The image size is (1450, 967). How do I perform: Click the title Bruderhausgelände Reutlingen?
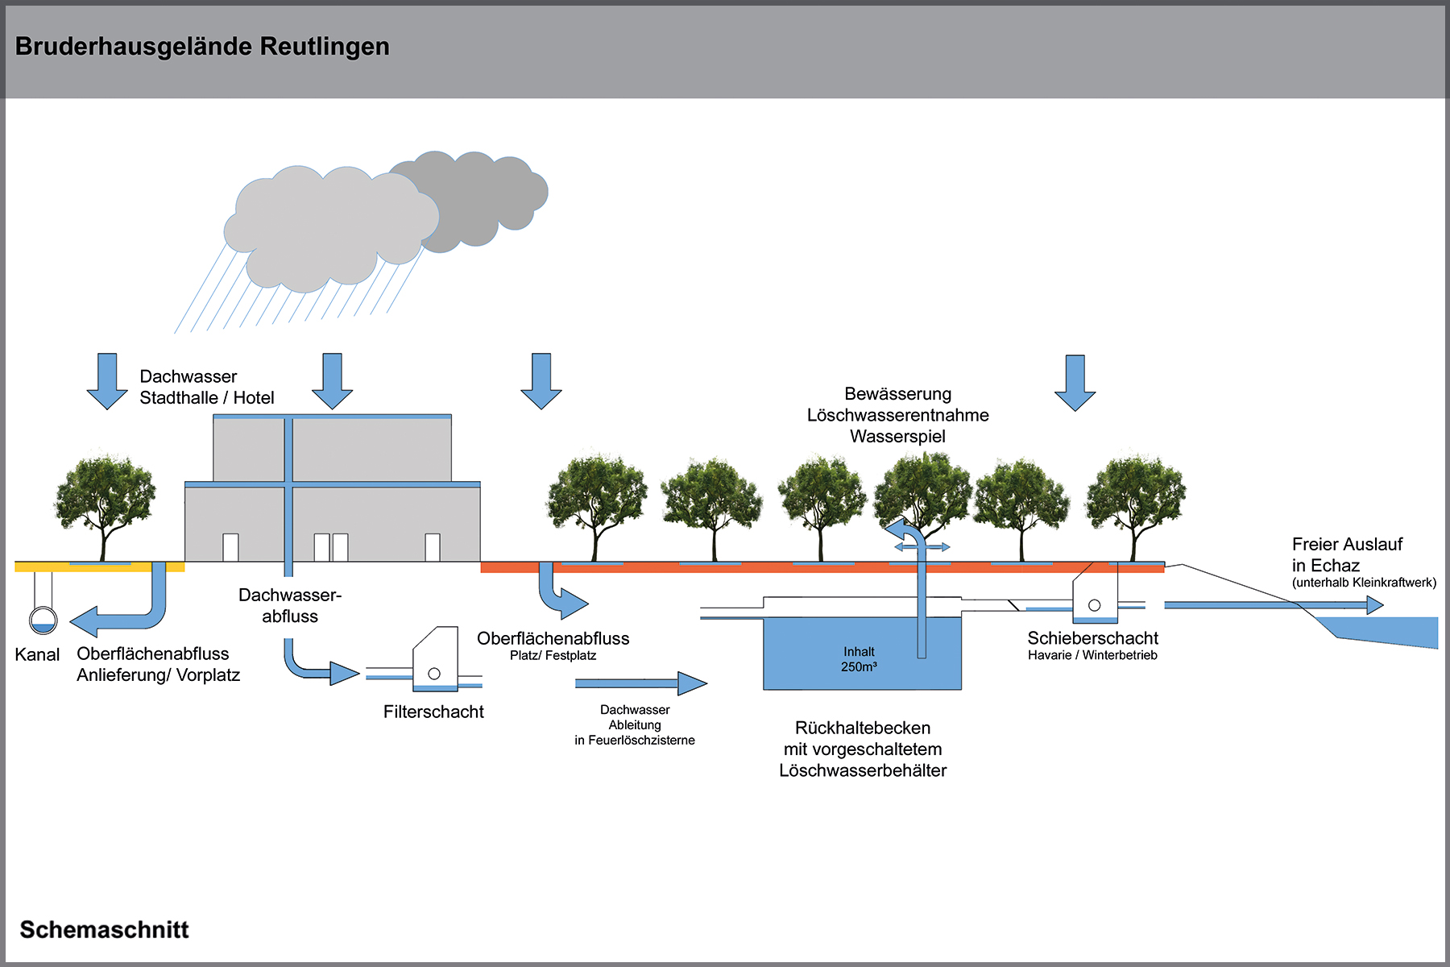click(202, 47)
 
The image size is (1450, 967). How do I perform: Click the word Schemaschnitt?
click(104, 929)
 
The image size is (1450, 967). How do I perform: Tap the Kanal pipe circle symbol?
click(43, 620)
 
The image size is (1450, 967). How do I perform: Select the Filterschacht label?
click(433, 712)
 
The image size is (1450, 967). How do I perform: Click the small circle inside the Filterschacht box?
click(434, 674)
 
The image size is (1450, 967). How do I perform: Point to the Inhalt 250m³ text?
click(859, 659)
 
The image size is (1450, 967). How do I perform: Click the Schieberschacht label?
click(1092, 638)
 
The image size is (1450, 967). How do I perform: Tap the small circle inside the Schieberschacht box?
click(1094, 605)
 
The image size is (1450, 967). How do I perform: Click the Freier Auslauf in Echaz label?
click(1347, 554)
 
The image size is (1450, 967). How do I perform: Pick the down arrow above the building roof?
click(332, 381)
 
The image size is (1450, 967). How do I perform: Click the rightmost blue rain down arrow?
click(1075, 383)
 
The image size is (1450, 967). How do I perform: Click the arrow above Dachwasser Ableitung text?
click(641, 683)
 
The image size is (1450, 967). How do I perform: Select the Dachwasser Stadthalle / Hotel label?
click(206, 387)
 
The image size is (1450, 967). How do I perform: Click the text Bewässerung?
click(897, 394)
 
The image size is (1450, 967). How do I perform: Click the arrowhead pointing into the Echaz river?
click(1374, 604)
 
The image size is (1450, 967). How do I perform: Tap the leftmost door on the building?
click(230, 547)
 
